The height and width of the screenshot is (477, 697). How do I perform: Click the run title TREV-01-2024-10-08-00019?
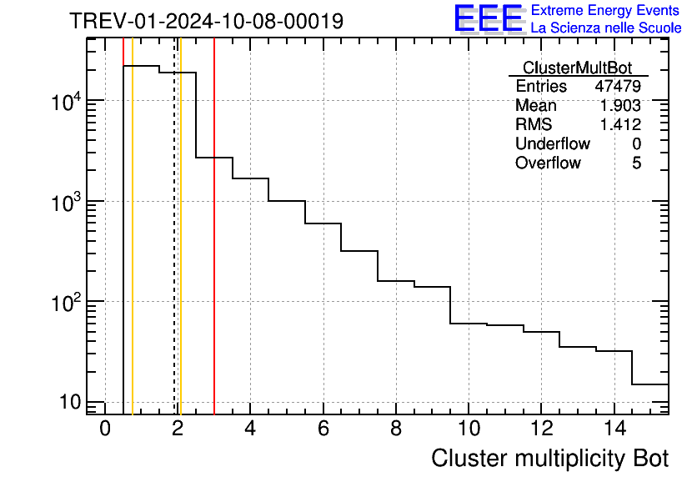coord(206,21)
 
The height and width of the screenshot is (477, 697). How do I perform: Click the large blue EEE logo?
coord(488,18)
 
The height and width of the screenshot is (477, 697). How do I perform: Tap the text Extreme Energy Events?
coord(606,11)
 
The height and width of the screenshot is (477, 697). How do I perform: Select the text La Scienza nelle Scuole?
coord(606,28)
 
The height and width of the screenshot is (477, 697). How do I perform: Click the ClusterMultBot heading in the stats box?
coord(577,68)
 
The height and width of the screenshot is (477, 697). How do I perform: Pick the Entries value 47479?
coord(618,87)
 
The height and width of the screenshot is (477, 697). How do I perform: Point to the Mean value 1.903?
coord(620,106)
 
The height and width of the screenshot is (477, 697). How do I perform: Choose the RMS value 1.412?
coord(620,125)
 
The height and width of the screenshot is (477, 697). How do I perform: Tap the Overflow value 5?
coord(636,163)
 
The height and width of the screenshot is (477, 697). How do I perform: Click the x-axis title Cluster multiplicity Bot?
coord(549,458)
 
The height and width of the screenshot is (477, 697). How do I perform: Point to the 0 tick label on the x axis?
coord(105,429)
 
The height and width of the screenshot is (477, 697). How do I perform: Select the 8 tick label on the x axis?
coord(396,429)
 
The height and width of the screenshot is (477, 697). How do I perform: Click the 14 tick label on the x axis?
coord(614,429)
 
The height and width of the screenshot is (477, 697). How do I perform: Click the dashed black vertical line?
coord(174,250)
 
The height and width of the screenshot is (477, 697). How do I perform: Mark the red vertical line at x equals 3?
coord(214,250)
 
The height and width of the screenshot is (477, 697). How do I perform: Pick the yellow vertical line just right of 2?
coord(180,250)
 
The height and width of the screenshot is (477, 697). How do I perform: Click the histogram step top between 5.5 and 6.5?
coord(323,223)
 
